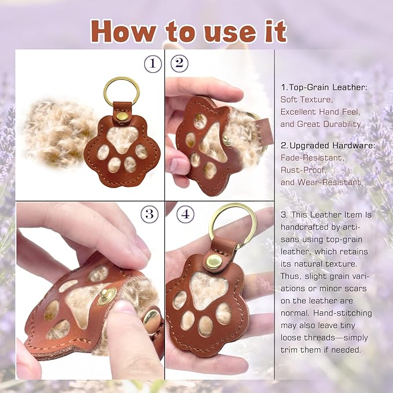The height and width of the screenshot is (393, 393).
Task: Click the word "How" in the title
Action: (124, 31)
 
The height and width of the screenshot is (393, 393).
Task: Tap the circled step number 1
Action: (153, 64)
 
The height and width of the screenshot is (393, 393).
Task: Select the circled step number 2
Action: (179, 64)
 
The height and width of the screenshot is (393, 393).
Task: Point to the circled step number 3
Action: (149, 214)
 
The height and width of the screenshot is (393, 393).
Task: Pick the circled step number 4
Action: (185, 214)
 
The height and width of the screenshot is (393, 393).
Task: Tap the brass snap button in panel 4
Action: (214, 262)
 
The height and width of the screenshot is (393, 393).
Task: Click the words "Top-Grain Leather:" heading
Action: (328, 87)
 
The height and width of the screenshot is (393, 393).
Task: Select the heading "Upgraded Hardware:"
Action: (332, 145)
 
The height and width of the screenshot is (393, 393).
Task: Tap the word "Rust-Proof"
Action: (303, 170)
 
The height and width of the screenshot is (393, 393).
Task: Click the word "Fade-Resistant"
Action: (311, 157)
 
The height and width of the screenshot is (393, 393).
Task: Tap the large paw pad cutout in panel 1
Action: (122, 138)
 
